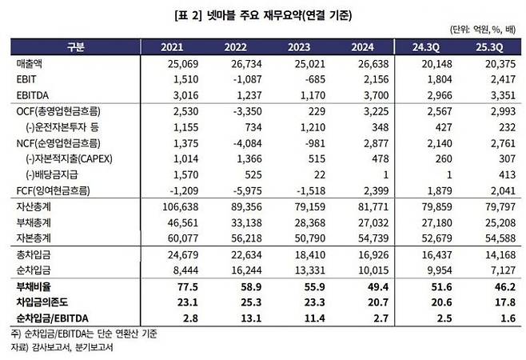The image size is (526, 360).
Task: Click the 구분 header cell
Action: click(75, 46)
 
